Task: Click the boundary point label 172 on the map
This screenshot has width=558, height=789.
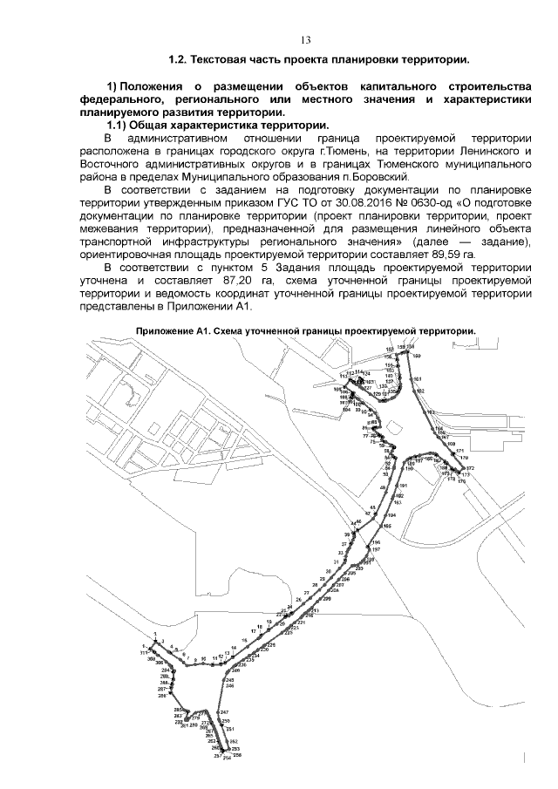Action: pyautogui.click(x=469, y=469)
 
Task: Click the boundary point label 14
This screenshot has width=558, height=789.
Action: pyautogui.click(x=234, y=648)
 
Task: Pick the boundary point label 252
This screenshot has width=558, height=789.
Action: pyautogui.click(x=234, y=741)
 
